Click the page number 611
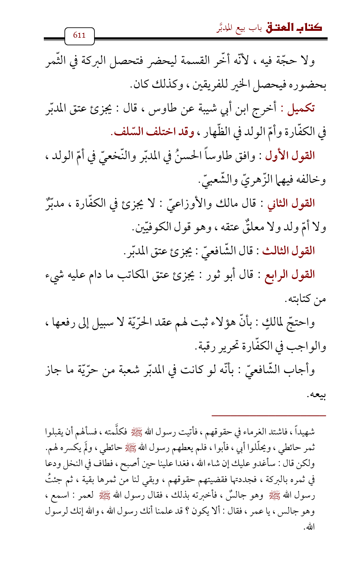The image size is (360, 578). click(x=79, y=35)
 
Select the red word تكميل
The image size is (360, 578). click(x=301, y=109)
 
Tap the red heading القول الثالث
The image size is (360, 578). click(x=288, y=251)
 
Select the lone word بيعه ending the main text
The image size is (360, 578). click(x=317, y=394)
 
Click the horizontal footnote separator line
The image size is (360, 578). click(x=269, y=415)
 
